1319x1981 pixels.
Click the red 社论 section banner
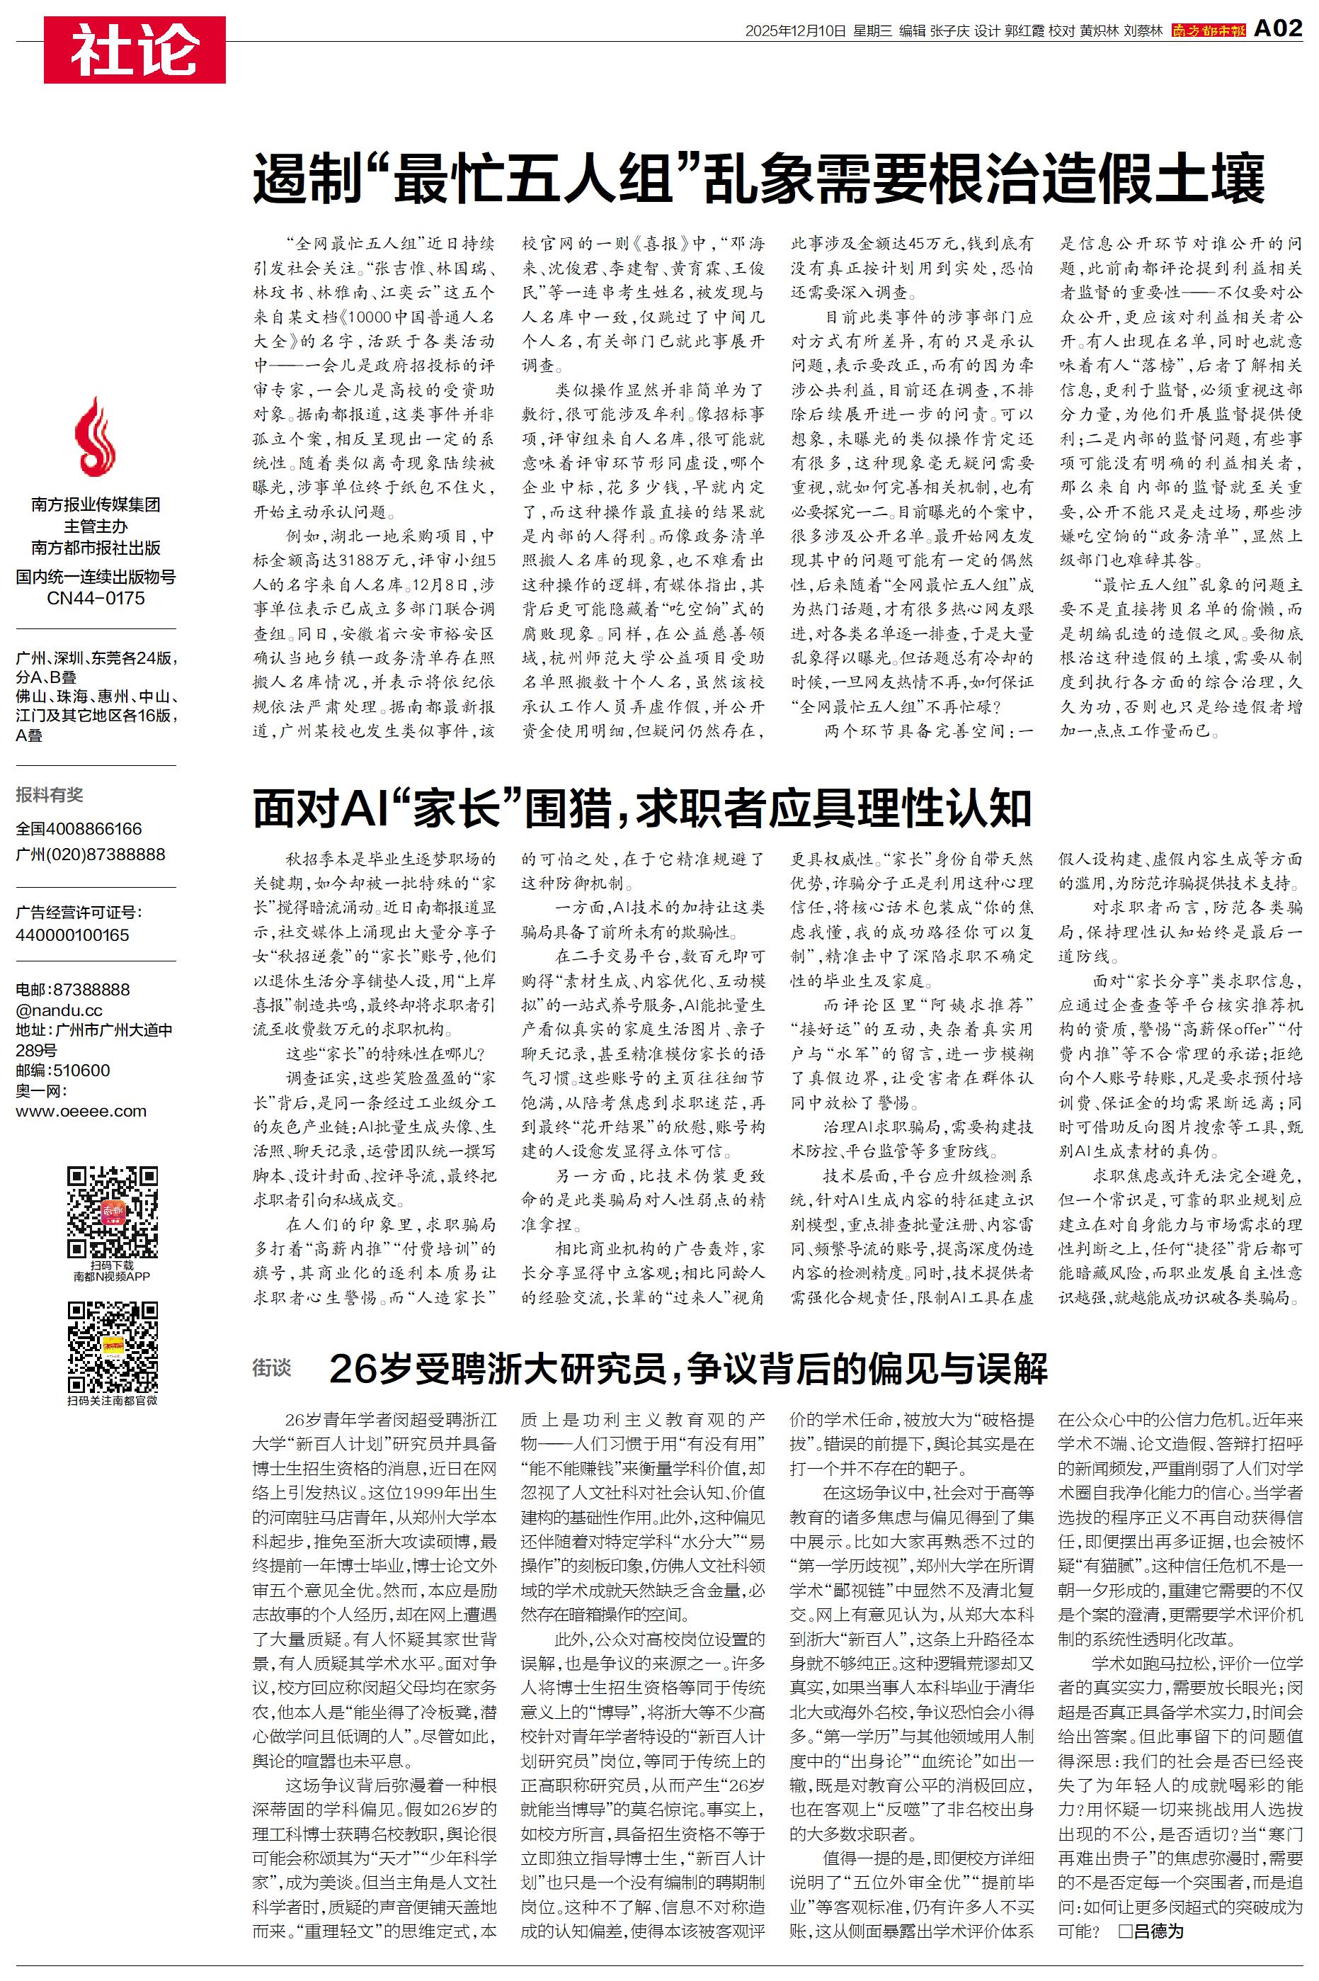pyautogui.click(x=135, y=50)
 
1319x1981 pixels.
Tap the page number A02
pyautogui.click(x=1278, y=28)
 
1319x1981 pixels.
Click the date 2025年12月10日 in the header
pyautogui.click(x=794, y=31)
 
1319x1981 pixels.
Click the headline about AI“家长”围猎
pyautogui.click(x=642, y=808)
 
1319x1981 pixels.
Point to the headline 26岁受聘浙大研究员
pyautogui.click(x=688, y=1369)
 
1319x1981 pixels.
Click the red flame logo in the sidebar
pyautogui.click(x=95, y=438)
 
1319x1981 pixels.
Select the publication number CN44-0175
pyautogui.click(x=96, y=599)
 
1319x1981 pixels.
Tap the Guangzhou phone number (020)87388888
pyautogui.click(x=91, y=854)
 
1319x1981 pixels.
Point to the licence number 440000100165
pyautogui.click(x=72, y=935)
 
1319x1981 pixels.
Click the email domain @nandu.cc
pyautogui.click(x=59, y=1010)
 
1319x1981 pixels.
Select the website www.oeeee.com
pyautogui.click(x=81, y=1111)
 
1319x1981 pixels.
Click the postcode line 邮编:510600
pyautogui.click(x=63, y=1071)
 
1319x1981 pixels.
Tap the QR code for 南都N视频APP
pyautogui.click(x=113, y=1212)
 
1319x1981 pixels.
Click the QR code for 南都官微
pyautogui.click(x=113, y=1346)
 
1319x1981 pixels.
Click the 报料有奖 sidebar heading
pyautogui.click(x=50, y=794)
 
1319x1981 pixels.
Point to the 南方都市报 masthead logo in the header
pyautogui.click(x=1209, y=30)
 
